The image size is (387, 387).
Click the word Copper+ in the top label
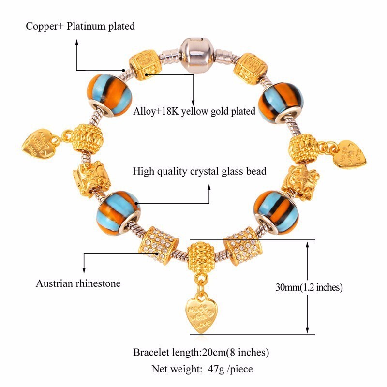[x=45, y=26]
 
